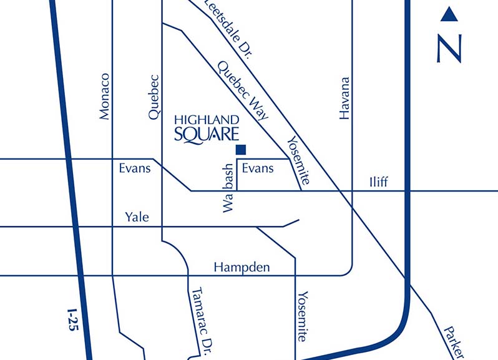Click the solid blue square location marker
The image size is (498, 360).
241,150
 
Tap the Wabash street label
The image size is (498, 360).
228,188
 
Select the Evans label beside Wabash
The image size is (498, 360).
257,168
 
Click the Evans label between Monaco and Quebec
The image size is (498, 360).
135,168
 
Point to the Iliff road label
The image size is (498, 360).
378,182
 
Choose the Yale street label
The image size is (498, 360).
137,217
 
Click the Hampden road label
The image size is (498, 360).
242,267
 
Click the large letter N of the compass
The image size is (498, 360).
449,48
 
